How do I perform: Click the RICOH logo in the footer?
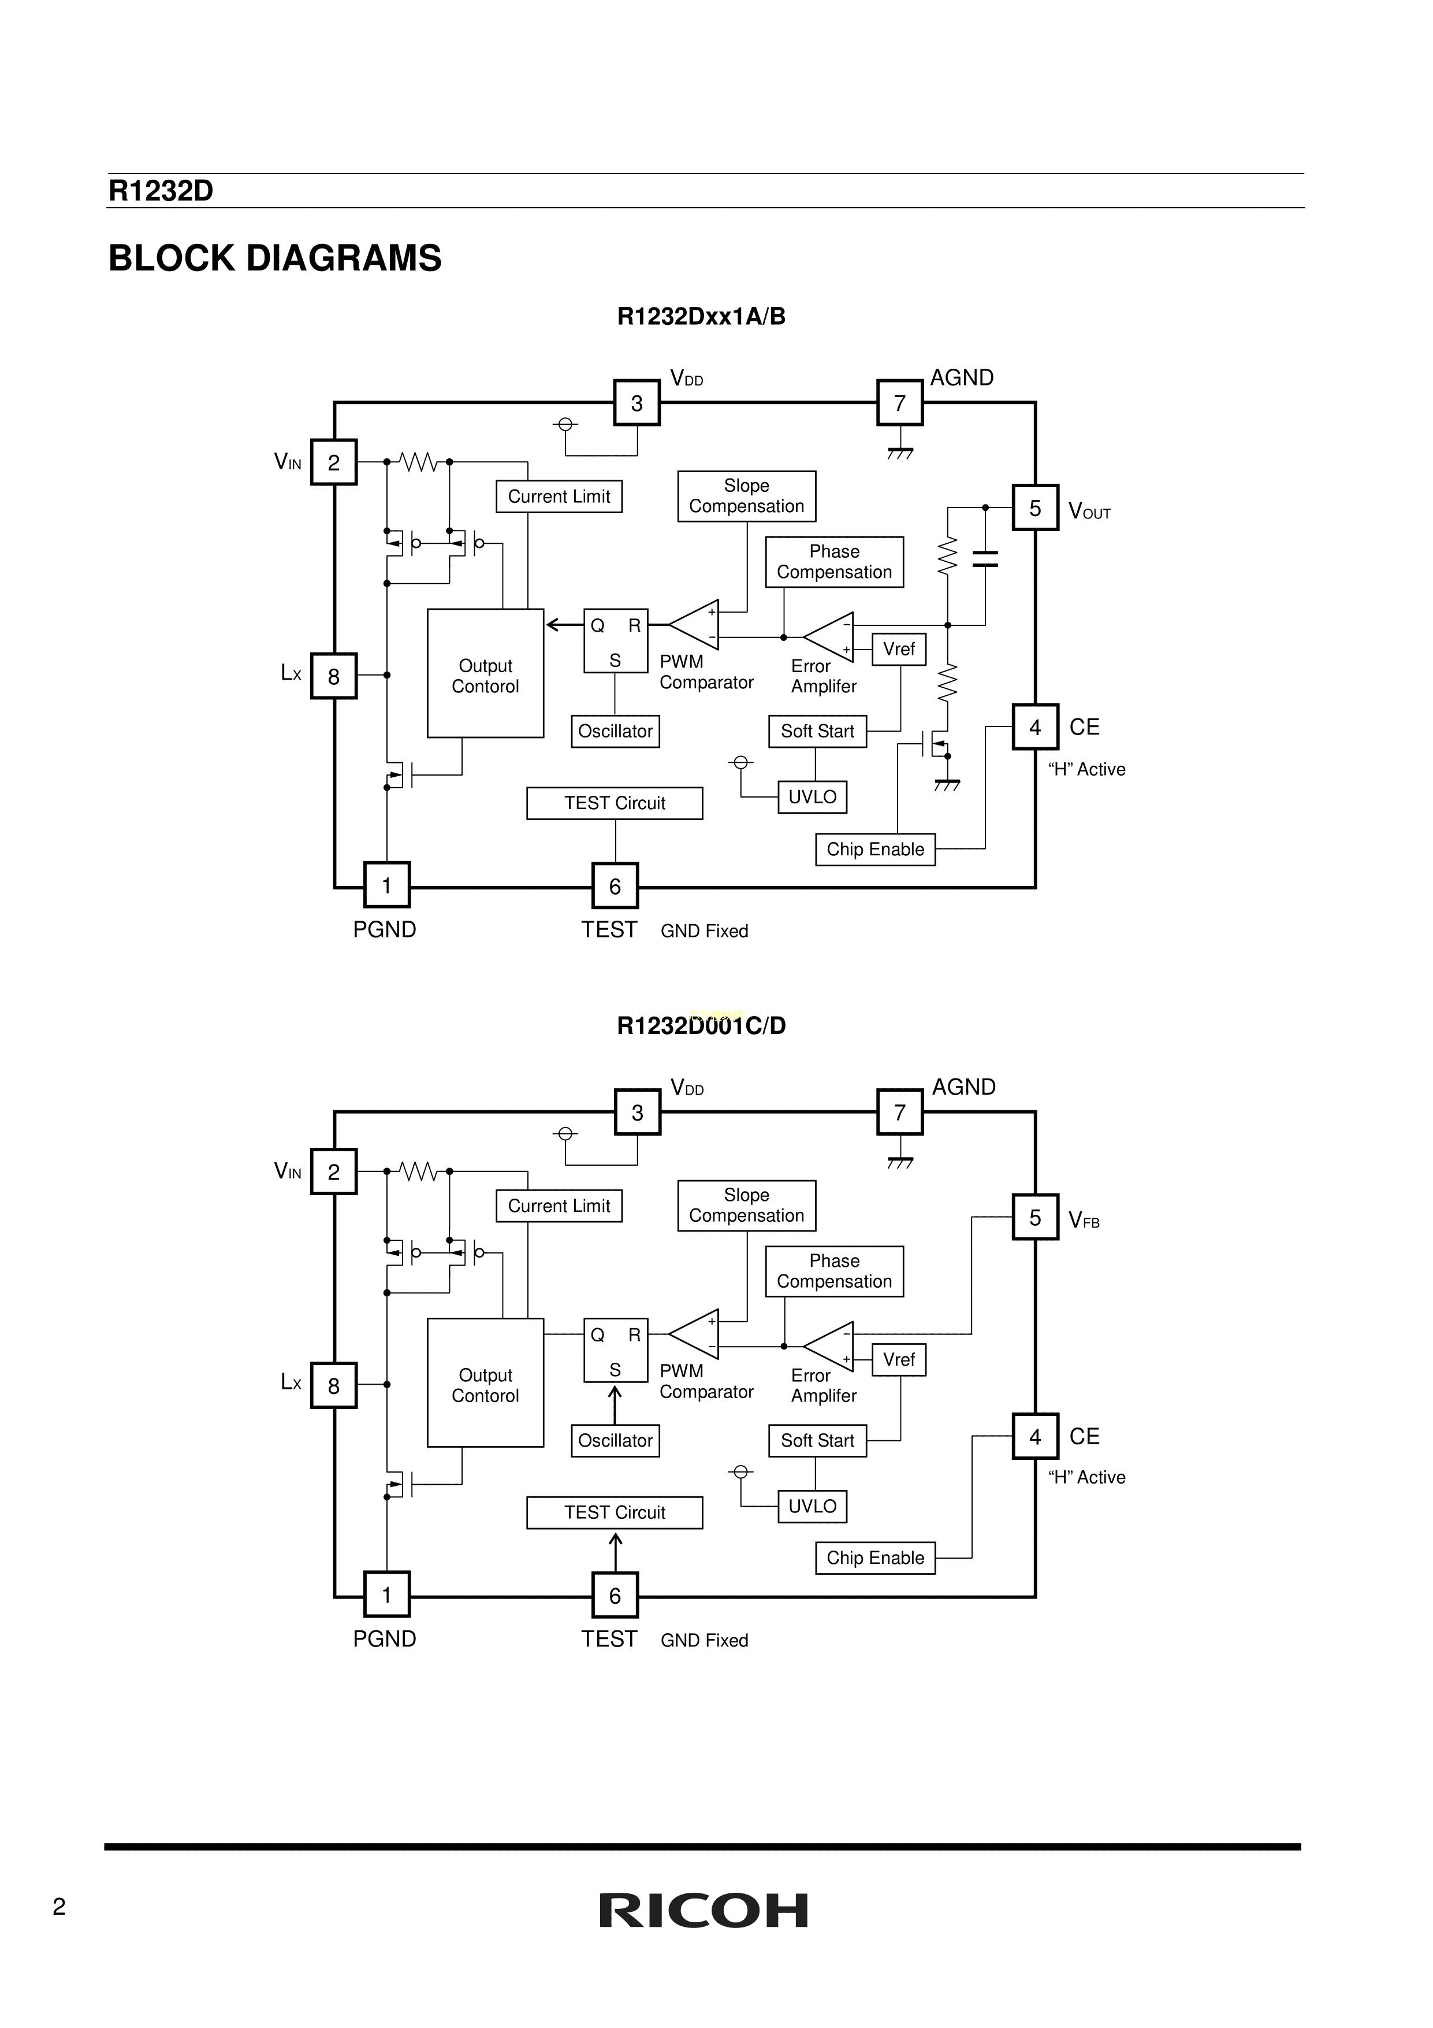(703, 1911)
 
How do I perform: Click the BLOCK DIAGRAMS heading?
(274, 258)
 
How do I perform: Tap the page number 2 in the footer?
(59, 1907)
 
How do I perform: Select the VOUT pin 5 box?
(1035, 508)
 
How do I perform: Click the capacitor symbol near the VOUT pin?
(984, 558)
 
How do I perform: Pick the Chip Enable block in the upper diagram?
(875, 850)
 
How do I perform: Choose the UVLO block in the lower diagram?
(812, 1506)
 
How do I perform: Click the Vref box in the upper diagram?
(899, 649)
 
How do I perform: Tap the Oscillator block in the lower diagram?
(615, 1441)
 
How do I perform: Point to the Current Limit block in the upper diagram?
(559, 496)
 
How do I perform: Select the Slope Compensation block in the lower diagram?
(746, 1206)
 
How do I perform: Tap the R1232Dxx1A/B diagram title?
(701, 316)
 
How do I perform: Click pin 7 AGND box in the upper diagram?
(900, 403)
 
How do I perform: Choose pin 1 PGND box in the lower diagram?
(387, 1595)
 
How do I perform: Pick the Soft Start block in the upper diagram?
(818, 731)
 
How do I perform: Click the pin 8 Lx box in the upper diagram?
(334, 677)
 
